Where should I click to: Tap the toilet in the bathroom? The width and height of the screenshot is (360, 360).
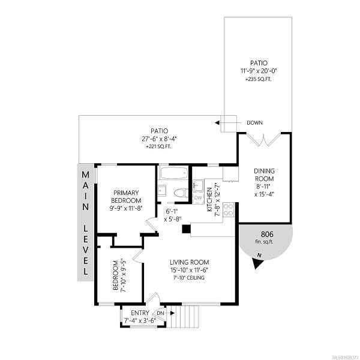click(181, 193)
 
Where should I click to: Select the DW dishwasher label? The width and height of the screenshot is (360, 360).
click(198, 197)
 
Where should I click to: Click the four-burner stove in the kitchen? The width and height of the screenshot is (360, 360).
click(229, 209)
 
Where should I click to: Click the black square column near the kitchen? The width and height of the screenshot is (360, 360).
click(186, 229)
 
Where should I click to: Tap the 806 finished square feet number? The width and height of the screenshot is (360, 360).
click(267, 234)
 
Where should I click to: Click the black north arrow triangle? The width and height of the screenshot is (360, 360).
click(257, 263)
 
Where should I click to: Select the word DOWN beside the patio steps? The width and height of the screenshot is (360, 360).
click(254, 123)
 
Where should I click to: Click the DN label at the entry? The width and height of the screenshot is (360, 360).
click(161, 313)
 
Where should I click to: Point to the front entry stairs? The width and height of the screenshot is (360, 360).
click(183, 316)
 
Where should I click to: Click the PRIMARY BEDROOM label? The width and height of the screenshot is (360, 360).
click(126, 197)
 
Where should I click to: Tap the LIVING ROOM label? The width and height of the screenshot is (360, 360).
click(190, 262)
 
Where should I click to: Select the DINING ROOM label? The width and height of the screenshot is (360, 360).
click(264, 175)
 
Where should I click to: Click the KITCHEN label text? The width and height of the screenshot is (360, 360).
click(209, 200)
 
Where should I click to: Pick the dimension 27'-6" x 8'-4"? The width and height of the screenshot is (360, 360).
click(159, 139)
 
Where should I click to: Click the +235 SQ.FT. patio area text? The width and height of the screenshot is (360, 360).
click(259, 79)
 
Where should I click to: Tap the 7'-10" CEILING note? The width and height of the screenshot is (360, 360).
click(189, 278)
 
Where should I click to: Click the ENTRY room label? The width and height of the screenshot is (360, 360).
click(140, 313)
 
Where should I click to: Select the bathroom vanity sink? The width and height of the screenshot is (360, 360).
click(163, 190)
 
